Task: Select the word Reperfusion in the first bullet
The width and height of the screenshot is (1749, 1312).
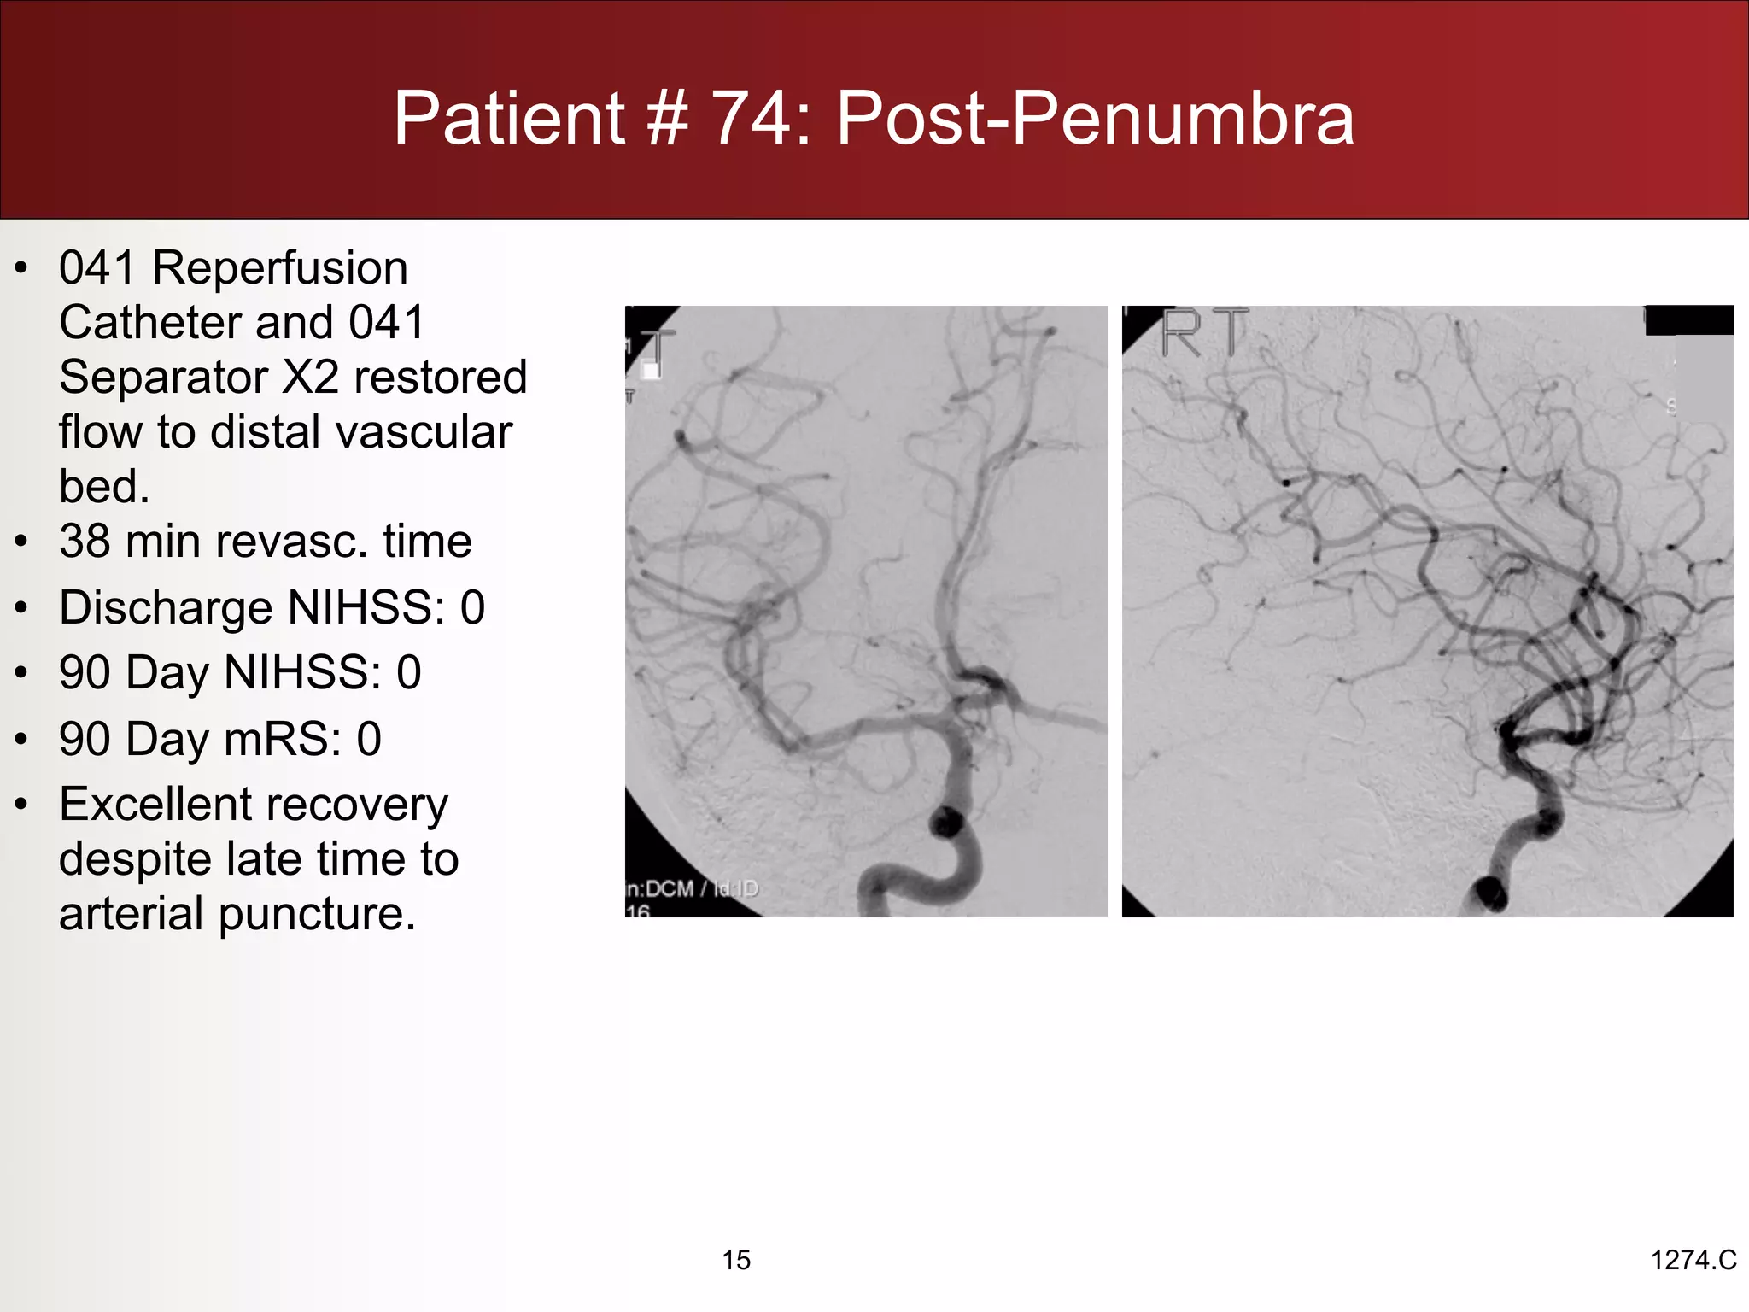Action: coord(280,268)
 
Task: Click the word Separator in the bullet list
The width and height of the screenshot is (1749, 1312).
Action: coord(162,378)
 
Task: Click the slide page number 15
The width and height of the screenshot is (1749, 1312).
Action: coord(736,1260)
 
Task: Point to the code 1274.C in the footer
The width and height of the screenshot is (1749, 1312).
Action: coord(1693,1260)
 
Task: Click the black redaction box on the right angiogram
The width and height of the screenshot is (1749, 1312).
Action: coord(1688,319)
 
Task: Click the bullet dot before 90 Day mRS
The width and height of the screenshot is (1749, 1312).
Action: coord(22,740)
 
